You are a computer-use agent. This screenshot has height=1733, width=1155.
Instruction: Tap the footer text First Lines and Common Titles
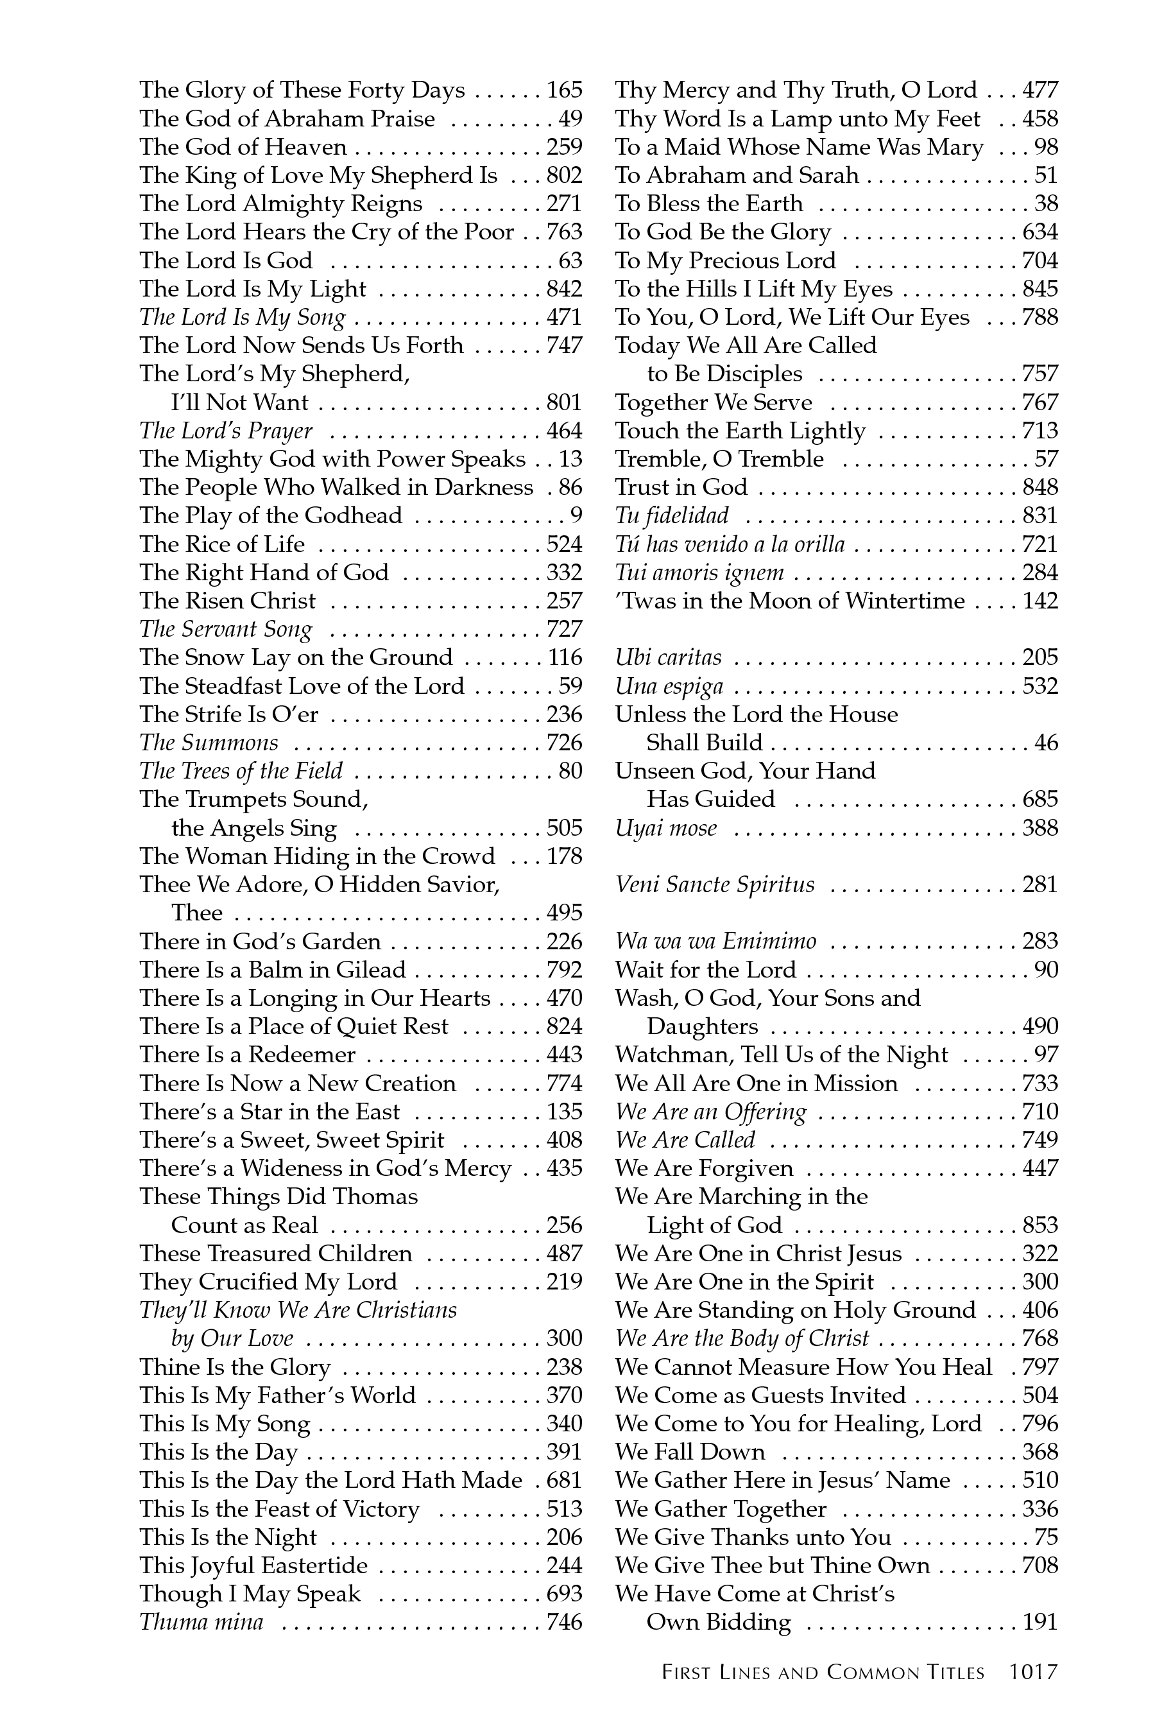823,1673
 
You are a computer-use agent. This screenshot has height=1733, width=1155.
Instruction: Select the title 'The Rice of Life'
222,544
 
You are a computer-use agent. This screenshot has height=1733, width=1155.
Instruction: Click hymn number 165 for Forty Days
564,90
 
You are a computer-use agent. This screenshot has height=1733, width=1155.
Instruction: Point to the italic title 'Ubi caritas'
668,658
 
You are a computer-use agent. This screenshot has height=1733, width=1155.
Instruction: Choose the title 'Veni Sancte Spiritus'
715,885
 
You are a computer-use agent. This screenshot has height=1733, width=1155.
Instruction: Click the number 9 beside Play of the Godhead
576,516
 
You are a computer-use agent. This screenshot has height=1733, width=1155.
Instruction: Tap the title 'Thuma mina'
201,1623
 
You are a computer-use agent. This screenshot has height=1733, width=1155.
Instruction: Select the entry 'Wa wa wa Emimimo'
715,942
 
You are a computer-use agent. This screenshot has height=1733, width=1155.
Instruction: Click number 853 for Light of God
1039,1225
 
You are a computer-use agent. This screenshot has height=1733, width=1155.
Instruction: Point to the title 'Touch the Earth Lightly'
740,431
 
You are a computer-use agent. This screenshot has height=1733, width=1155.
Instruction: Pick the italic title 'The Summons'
209,743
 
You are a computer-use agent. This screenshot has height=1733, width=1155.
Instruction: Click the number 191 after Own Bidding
1039,1623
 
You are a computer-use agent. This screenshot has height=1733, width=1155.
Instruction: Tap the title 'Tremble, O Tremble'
720,459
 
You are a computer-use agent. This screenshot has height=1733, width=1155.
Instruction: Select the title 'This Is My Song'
225,1424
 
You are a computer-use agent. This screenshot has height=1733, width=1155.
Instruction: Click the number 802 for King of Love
564,175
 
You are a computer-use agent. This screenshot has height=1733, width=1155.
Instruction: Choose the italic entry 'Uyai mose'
666,828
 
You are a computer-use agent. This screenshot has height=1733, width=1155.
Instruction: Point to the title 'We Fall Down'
690,1453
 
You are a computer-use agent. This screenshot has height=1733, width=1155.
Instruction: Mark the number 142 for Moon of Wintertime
1039,601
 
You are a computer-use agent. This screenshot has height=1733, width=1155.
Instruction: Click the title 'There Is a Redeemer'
248,1055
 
